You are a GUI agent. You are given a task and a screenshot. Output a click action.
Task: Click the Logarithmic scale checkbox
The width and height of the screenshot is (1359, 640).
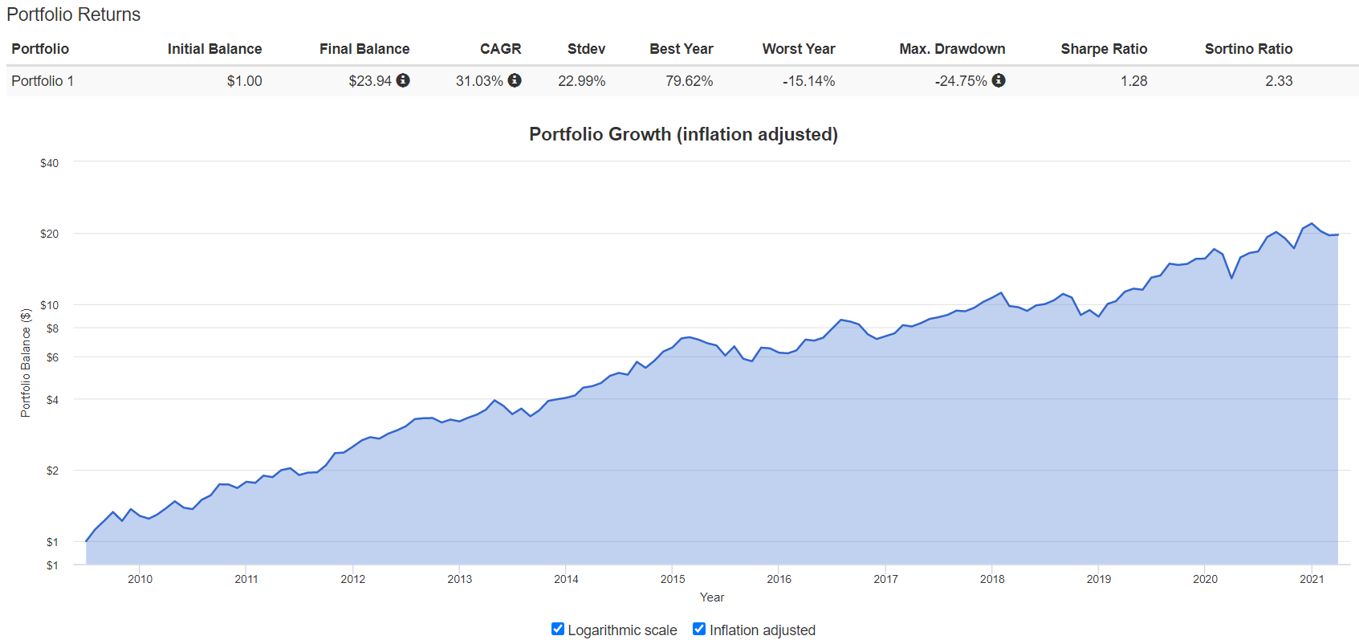tap(558, 629)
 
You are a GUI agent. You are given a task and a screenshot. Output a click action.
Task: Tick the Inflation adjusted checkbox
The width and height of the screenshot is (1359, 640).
tap(699, 629)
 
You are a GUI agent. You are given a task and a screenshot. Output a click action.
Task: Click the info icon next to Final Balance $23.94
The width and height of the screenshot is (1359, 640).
tap(403, 80)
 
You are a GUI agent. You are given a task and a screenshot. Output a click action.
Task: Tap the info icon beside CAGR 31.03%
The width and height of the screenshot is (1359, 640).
tap(515, 80)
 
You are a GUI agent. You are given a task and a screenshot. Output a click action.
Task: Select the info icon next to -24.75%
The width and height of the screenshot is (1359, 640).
tap(999, 80)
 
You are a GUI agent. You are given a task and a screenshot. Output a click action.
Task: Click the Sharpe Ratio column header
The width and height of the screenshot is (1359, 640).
tap(1104, 49)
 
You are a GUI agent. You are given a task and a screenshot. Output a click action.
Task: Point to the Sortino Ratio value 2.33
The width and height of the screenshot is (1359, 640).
tap(1279, 81)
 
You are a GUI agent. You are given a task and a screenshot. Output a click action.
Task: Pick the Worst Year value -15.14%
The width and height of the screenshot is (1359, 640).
tap(808, 81)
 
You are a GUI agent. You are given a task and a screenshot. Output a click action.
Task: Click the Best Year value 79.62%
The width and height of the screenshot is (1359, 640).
tap(689, 81)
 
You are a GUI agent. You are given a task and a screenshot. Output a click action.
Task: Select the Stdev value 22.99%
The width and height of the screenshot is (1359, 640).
tap(581, 81)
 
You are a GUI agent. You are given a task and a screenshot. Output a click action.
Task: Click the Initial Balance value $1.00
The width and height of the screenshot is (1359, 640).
tap(244, 81)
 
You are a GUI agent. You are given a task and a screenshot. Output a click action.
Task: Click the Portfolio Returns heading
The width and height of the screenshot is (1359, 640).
tap(73, 14)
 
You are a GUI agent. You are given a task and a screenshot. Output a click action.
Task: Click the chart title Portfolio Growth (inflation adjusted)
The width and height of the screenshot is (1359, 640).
tap(683, 134)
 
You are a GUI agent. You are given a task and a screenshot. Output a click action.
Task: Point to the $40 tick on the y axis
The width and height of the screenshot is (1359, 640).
tap(49, 163)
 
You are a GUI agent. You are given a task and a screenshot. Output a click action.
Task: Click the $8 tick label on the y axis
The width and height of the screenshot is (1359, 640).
tap(52, 328)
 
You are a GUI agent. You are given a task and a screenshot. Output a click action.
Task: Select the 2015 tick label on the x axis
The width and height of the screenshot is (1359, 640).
tap(673, 579)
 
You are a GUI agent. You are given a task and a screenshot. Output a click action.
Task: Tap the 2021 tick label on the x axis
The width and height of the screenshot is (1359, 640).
tap(1312, 579)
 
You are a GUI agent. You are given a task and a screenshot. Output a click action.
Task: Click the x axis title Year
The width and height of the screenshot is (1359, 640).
tap(711, 597)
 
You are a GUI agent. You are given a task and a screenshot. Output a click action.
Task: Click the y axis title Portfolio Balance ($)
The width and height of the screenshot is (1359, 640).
tap(26, 362)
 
